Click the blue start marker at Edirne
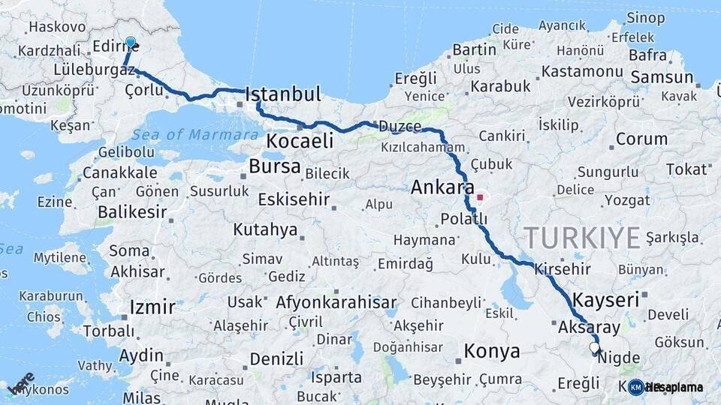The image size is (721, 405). pyautogui.click(x=131, y=43)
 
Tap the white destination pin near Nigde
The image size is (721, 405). pyautogui.click(x=595, y=348)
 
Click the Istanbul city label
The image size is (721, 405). pyautogui.click(x=283, y=94)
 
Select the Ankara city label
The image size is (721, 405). pyautogui.click(x=442, y=187)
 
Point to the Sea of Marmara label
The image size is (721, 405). pyautogui.click(x=195, y=135)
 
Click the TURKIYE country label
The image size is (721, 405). pyautogui.click(x=582, y=237)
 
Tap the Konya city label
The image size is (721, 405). pyautogui.click(x=492, y=351)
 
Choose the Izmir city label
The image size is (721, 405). pyautogui.click(x=152, y=307)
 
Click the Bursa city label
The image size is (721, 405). pyautogui.click(x=274, y=166)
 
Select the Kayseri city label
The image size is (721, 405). pyautogui.click(x=605, y=300)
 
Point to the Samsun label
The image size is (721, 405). pyautogui.click(x=662, y=77)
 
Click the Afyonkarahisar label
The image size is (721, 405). pyautogui.click(x=336, y=303)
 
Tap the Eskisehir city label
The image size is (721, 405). pyautogui.click(x=294, y=199)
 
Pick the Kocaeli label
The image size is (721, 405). pyautogui.click(x=300, y=141)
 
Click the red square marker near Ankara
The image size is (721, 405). pyautogui.click(x=480, y=197)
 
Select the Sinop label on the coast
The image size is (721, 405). pyautogui.click(x=645, y=17)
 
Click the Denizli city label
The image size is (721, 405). pyautogui.click(x=276, y=358)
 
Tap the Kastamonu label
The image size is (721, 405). pyautogui.click(x=582, y=71)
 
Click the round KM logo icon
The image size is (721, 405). pyautogui.click(x=635, y=387)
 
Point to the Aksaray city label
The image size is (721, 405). pyautogui.click(x=589, y=328)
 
